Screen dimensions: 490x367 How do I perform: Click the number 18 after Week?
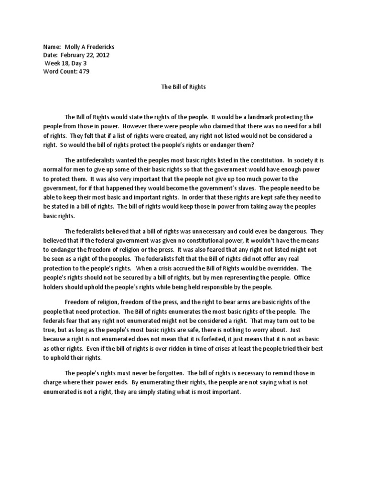(x=67, y=63)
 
